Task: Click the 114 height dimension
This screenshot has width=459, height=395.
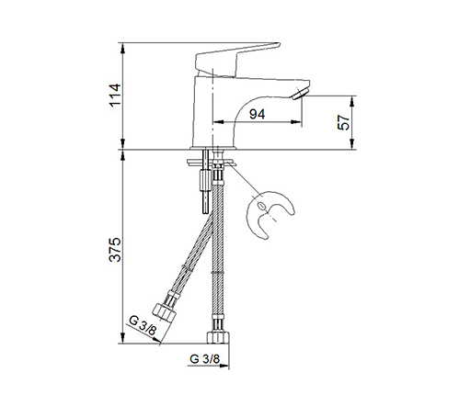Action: [x=115, y=95]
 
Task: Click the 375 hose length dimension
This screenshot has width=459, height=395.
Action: [x=115, y=249]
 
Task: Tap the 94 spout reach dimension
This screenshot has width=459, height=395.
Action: [x=257, y=114]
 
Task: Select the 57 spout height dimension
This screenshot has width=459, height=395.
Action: [x=343, y=122]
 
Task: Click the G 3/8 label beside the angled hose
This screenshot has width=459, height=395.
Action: [x=143, y=325]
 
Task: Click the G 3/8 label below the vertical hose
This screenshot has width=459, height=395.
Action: [x=205, y=358]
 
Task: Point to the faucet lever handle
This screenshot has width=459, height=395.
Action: [x=236, y=60]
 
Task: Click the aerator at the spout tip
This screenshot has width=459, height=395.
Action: [x=300, y=94]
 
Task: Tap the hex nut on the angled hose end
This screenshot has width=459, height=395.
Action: [x=164, y=311]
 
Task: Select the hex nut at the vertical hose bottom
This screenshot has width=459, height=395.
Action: [x=218, y=337]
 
